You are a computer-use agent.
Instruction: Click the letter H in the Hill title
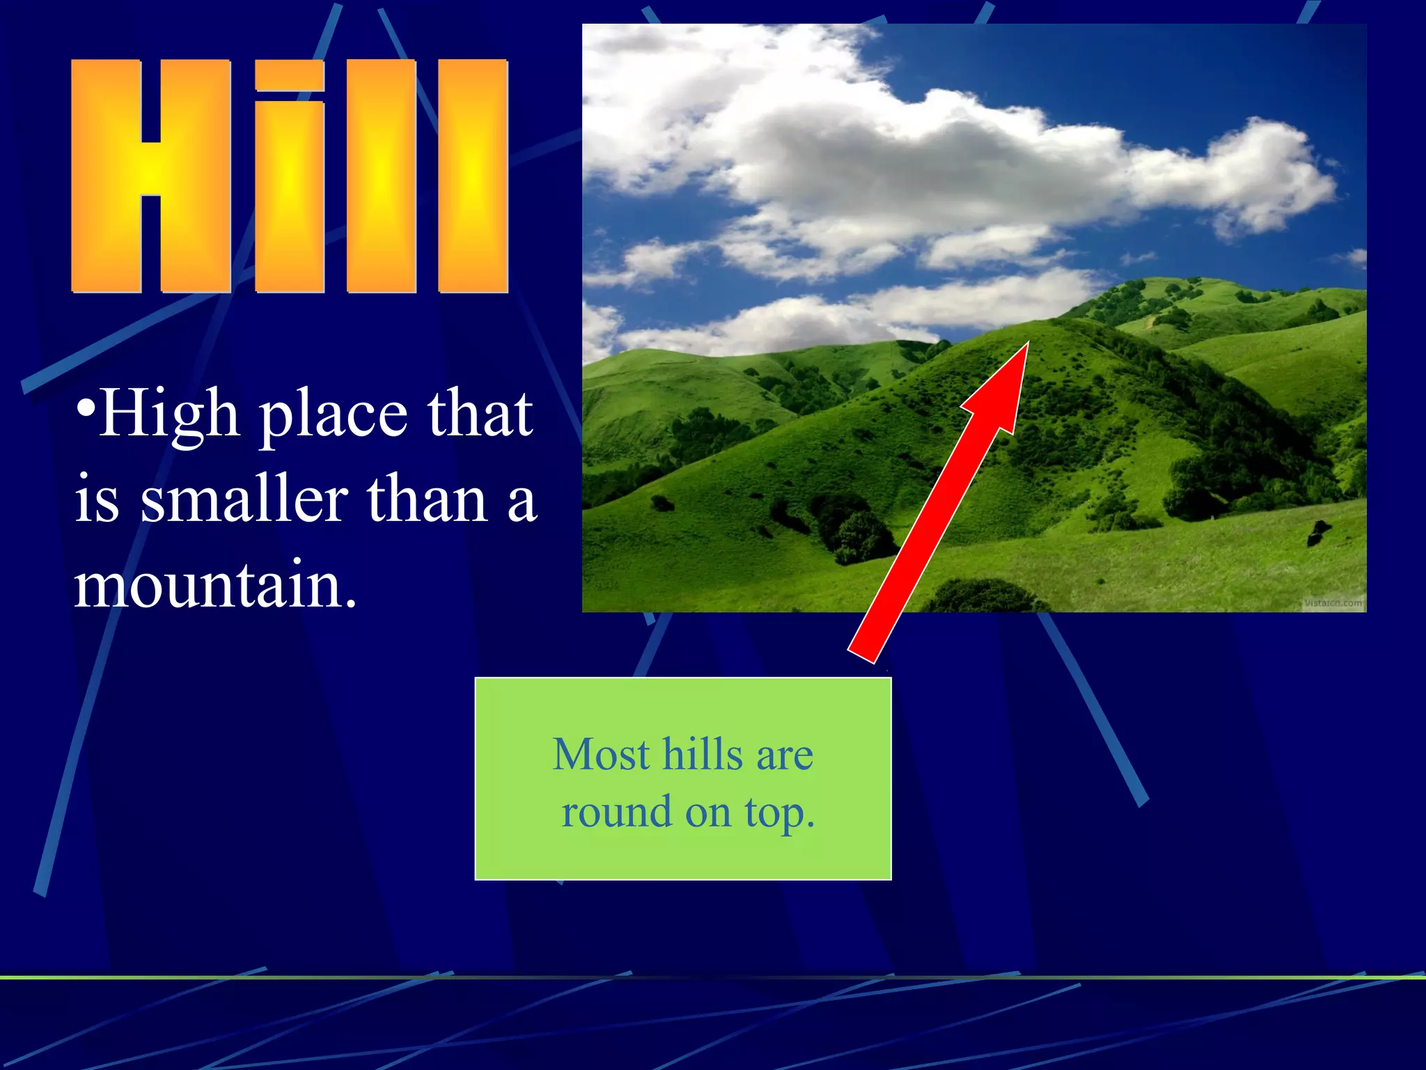(x=150, y=176)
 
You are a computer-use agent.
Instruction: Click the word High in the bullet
(x=169, y=415)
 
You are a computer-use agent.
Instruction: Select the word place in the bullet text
(x=333, y=417)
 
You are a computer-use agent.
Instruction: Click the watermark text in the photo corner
(x=1333, y=603)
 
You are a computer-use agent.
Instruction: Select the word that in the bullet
(x=480, y=415)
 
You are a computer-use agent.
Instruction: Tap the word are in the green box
(x=785, y=755)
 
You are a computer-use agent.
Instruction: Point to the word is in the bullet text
(x=97, y=499)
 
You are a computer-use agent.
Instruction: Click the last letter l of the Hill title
(x=473, y=176)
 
